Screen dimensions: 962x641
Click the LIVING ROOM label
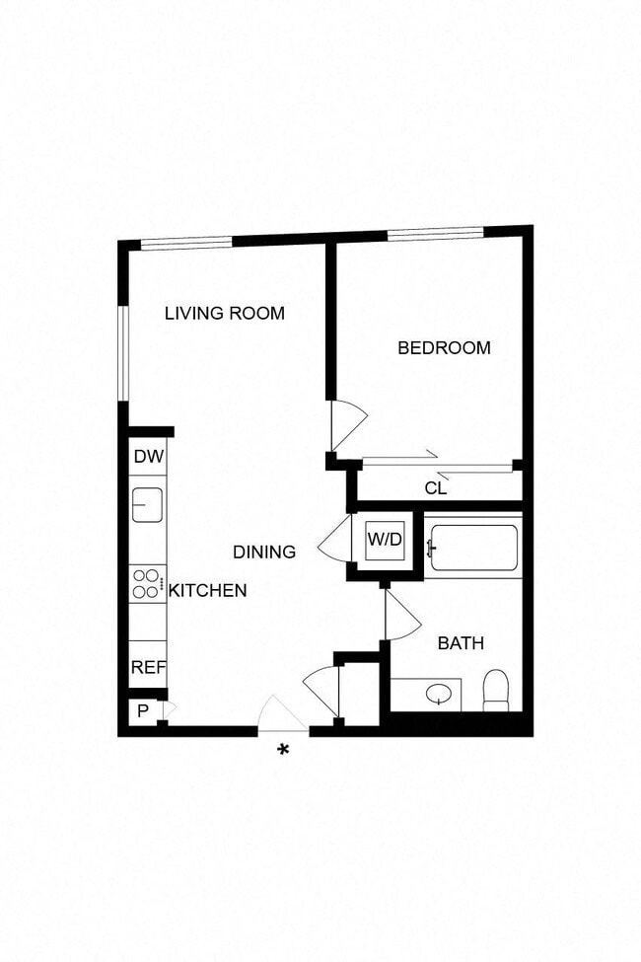pos(224,314)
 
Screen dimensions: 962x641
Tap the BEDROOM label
pos(444,347)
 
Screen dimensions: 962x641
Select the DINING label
pos(264,552)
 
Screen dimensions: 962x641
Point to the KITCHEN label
pos(207,590)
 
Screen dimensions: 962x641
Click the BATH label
pos(461,643)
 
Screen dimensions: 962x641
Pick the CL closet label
pos(436,487)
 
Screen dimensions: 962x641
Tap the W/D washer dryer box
pos(385,541)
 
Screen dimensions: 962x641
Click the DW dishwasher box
pos(148,457)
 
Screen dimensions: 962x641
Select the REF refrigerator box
pos(148,667)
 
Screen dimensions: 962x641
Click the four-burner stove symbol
pos(147,584)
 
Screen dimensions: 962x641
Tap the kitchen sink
pos(148,505)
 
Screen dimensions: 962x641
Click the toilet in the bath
pos(496,690)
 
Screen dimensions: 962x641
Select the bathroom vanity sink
pos(436,695)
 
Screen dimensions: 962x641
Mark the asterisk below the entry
pos(284,751)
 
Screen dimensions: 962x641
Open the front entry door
pos(282,715)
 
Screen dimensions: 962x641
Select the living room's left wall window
pos(123,352)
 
